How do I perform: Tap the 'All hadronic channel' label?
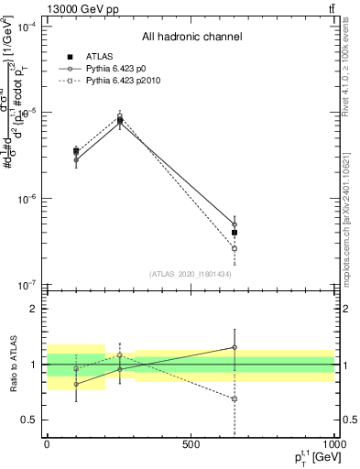191,37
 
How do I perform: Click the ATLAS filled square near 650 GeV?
235,233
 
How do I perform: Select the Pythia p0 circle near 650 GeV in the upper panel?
235,224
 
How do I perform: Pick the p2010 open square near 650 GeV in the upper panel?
235,248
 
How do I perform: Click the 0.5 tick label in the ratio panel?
29,420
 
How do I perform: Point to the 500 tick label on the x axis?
191,443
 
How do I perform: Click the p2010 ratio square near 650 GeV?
235,398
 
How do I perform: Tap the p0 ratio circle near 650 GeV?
235,347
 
